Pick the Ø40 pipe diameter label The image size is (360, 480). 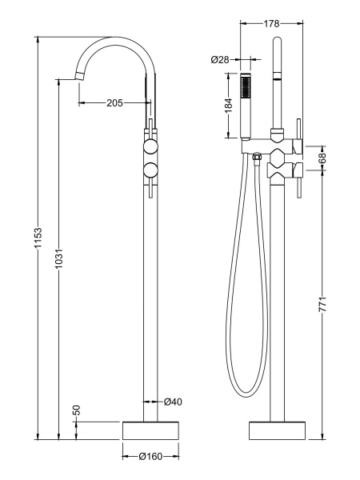point(174,402)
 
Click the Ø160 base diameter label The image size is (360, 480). point(150,457)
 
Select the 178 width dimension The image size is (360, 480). point(271,24)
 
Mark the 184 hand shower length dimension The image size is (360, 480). point(229,105)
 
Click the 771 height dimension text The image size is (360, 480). point(322,305)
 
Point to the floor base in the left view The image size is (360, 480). point(150,430)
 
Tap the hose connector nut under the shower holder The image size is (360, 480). point(256,159)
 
